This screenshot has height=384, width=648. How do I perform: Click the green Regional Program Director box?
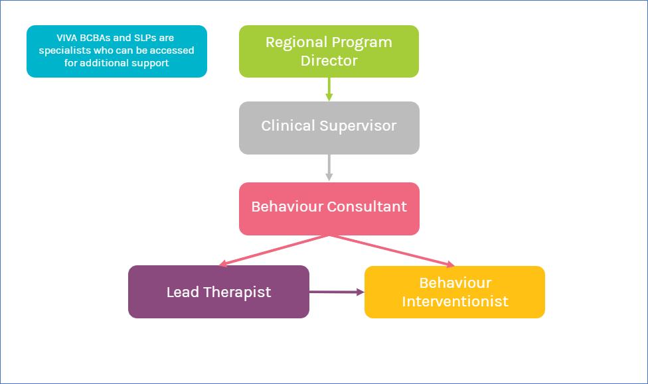(329, 51)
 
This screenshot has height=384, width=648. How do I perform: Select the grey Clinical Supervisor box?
(329, 128)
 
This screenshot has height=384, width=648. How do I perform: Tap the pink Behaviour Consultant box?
(329, 208)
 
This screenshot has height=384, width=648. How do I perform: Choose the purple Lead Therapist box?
(218, 292)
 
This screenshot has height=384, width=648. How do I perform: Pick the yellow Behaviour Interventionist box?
(455, 292)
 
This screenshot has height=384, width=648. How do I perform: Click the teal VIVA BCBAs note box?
(117, 51)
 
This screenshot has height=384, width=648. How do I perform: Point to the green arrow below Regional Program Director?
(329, 89)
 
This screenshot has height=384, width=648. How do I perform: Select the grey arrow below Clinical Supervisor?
(329, 168)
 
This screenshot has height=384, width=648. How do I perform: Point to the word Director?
(329, 60)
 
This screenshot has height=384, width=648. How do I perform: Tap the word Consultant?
(368, 206)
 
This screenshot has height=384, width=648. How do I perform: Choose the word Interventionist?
(455, 301)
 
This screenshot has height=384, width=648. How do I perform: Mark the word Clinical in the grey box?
(288, 126)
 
